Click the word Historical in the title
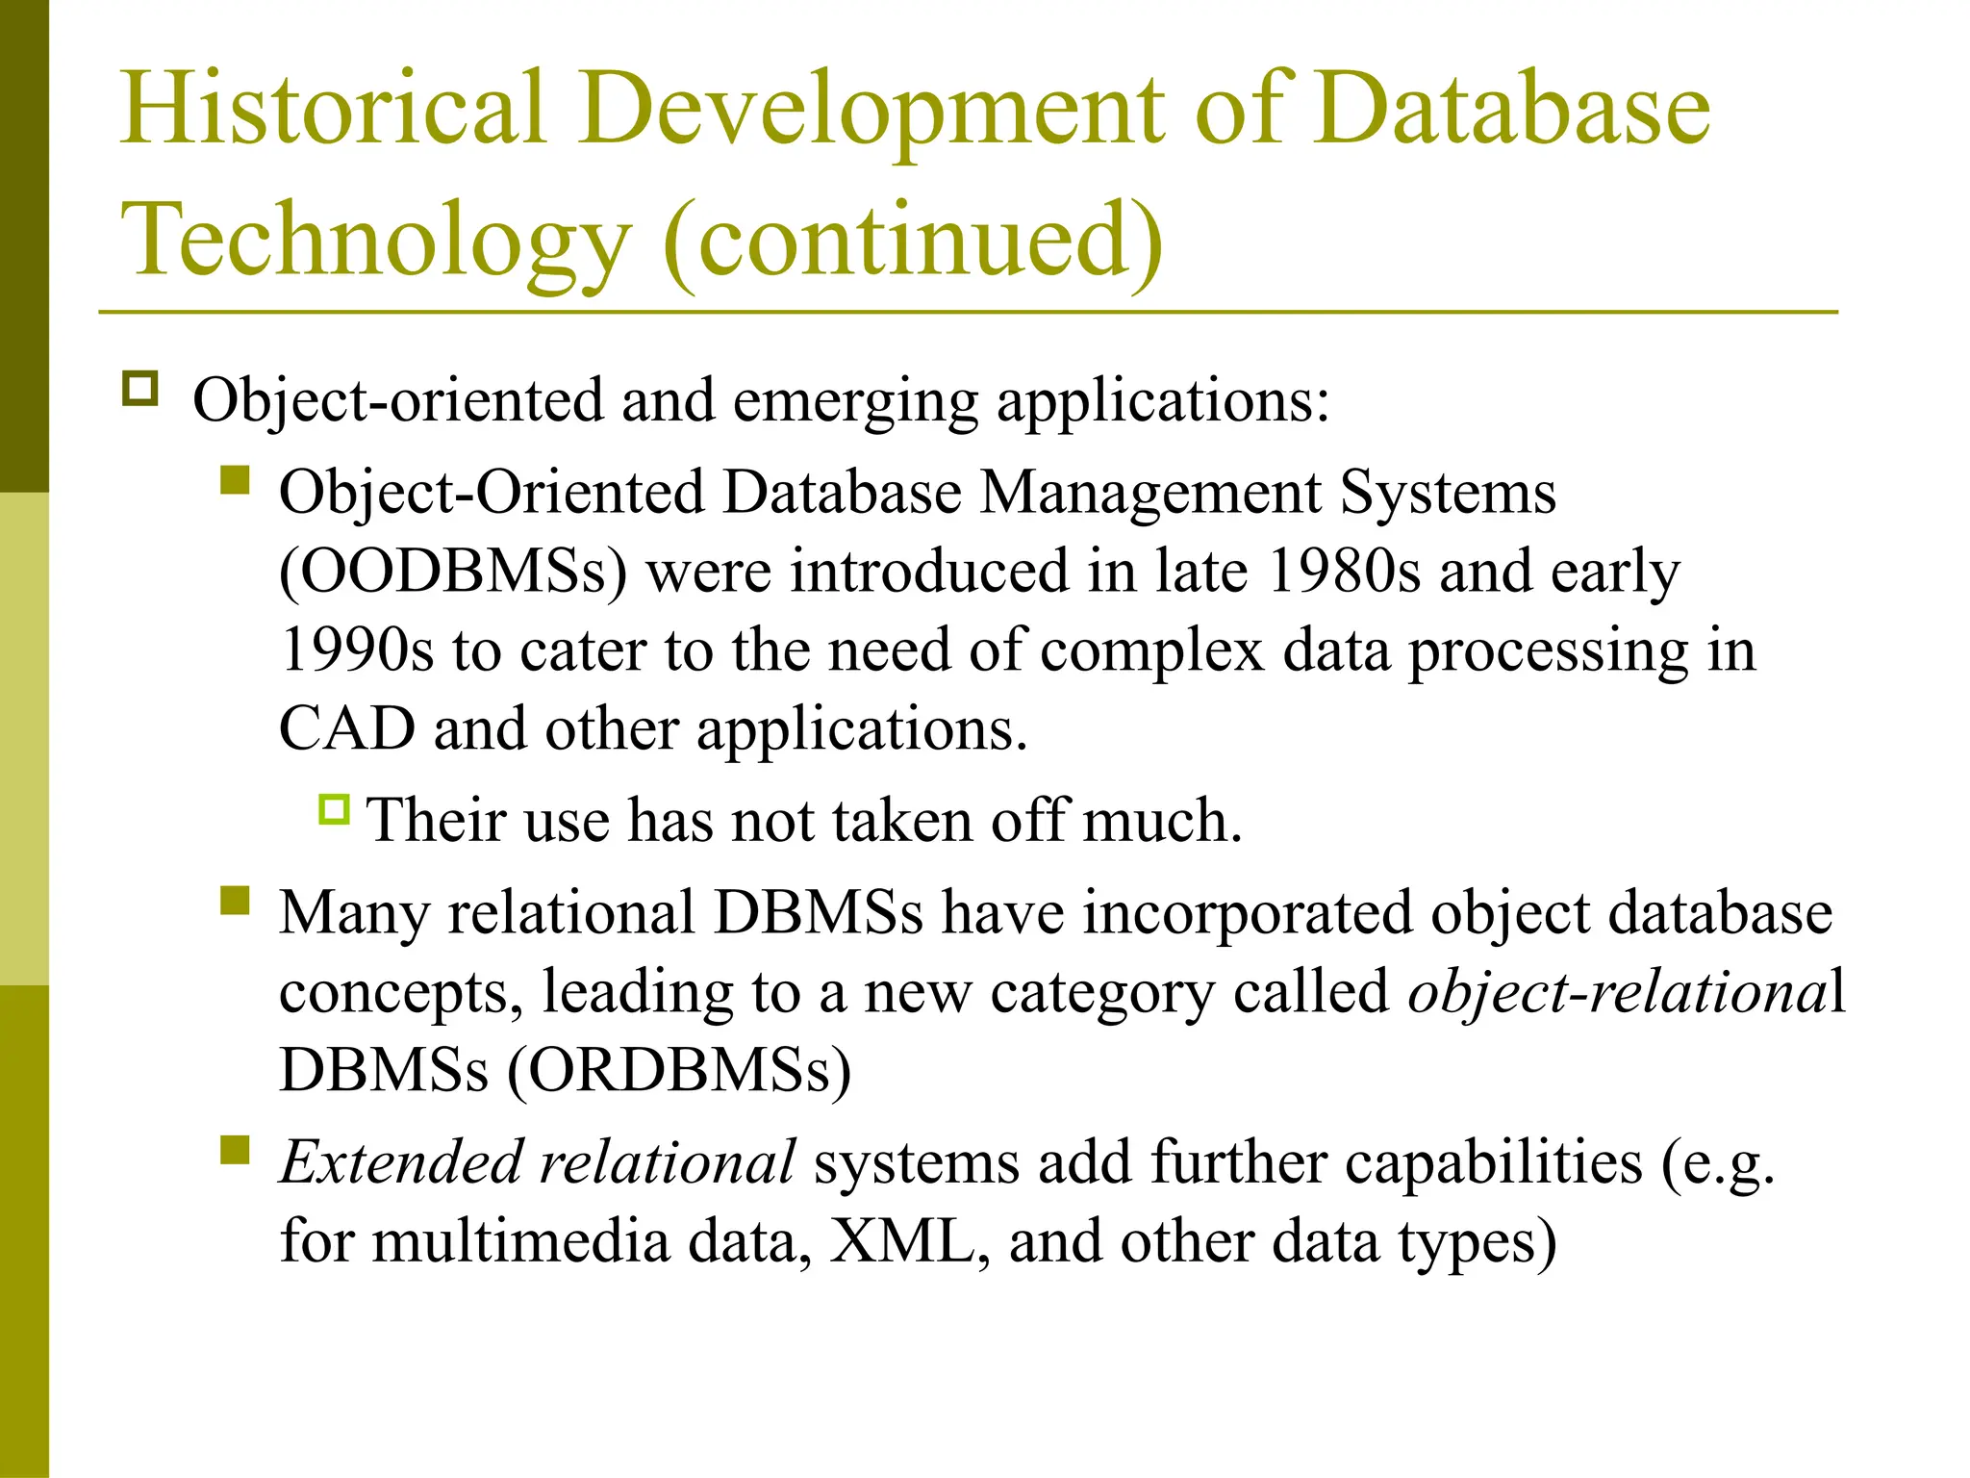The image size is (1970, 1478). [333, 108]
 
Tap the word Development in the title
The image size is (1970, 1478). [871, 108]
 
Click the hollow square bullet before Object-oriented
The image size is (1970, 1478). [140, 389]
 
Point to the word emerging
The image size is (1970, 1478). [855, 400]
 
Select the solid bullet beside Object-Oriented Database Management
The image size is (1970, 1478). [235, 479]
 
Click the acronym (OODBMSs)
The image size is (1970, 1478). [452, 572]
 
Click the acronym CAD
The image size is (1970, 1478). [346, 729]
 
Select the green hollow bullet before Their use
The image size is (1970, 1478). [334, 809]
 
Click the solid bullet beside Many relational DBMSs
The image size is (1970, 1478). [235, 901]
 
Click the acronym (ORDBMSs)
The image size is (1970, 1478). [679, 1070]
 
